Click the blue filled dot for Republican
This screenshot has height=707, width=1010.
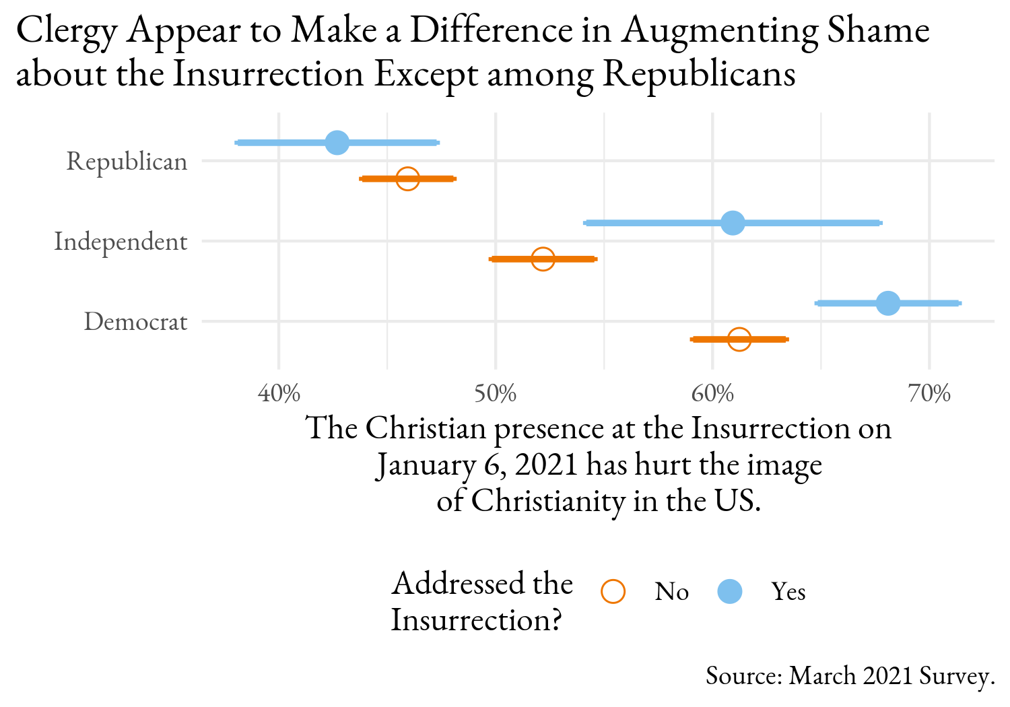[337, 143]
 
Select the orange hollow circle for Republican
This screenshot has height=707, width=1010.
[407, 178]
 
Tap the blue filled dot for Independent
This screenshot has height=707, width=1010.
[733, 223]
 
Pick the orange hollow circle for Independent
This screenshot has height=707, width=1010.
[543, 259]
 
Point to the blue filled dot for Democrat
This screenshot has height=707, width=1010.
[888, 303]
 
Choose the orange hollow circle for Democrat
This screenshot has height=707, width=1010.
[739, 339]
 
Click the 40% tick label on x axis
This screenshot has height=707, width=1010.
[279, 394]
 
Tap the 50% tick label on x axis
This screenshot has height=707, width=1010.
[496, 394]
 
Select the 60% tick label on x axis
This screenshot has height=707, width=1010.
[712, 394]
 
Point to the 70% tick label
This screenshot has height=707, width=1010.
[929, 394]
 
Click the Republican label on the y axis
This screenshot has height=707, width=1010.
[127, 162]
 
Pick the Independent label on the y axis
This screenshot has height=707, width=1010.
[121, 241]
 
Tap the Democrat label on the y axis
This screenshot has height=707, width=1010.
[135, 322]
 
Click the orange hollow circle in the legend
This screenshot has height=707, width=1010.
[613, 591]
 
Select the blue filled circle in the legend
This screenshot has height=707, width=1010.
[730, 591]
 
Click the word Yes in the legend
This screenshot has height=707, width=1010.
[788, 591]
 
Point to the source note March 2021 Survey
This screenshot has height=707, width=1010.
[850, 675]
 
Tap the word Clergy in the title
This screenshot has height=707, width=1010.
[66, 32]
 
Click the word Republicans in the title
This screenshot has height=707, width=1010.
[699, 74]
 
